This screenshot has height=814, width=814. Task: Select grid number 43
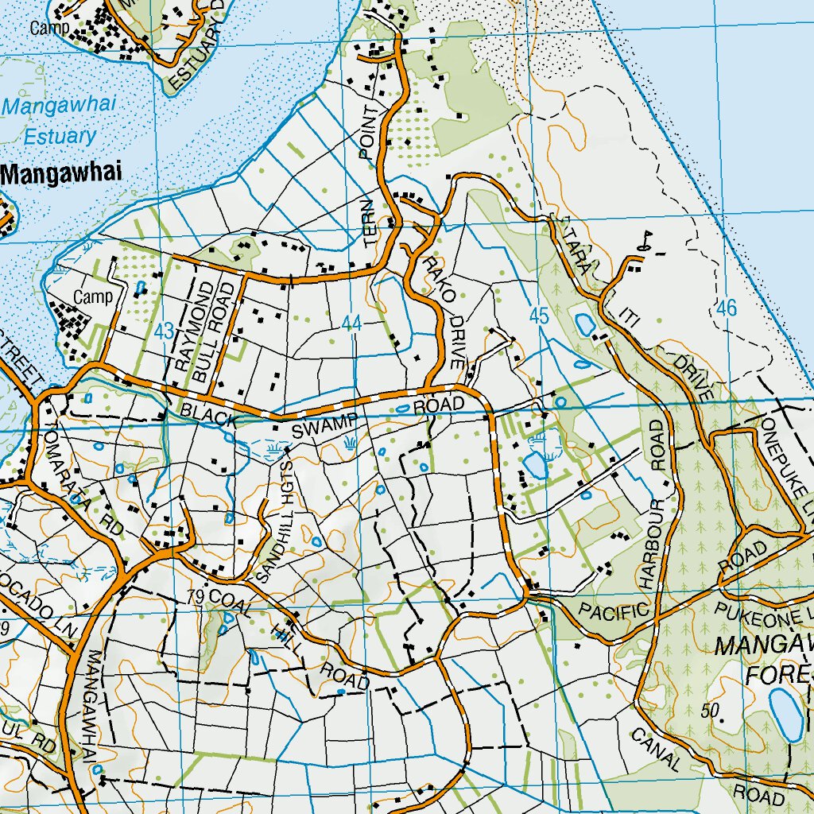pyautogui.click(x=165, y=331)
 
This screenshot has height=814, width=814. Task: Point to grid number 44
pyautogui.click(x=351, y=324)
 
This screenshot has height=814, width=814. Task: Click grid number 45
pyautogui.click(x=539, y=316)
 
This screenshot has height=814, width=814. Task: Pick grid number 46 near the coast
pyautogui.click(x=726, y=308)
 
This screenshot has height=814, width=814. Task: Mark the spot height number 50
pyautogui.click(x=711, y=709)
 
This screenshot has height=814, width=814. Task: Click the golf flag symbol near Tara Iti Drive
pyautogui.click(x=646, y=238)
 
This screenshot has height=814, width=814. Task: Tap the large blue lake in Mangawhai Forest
pyautogui.click(x=786, y=713)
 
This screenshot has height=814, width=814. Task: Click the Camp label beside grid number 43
pyautogui.click(x=93, y=297)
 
